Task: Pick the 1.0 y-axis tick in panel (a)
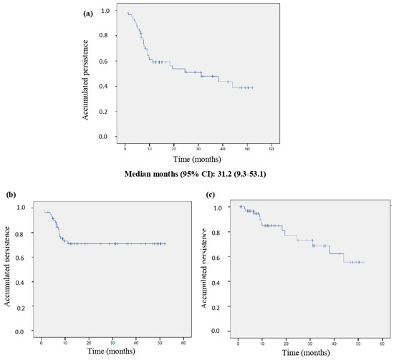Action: (x=105, y=11)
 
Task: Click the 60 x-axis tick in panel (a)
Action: (x=271, y=148)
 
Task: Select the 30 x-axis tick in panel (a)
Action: (x=198, y=148)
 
